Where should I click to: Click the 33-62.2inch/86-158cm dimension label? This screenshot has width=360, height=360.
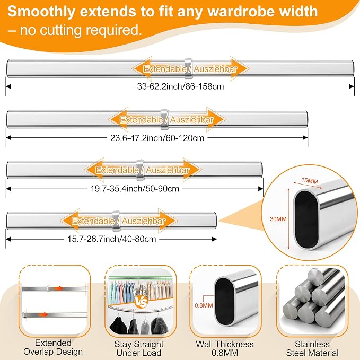180,86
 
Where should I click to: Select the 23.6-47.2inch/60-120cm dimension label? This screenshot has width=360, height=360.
157,138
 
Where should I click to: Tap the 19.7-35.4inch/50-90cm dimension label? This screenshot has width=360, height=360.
135,189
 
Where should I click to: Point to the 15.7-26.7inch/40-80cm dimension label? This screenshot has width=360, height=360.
111,239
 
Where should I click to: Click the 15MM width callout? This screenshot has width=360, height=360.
310,181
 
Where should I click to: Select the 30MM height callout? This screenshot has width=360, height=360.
278,219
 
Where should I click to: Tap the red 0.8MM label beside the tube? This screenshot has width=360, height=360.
204,305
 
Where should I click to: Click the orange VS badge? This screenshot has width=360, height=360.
141,302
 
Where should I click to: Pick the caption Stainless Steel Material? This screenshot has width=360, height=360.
312,348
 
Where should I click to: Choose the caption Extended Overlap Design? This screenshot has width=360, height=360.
53,347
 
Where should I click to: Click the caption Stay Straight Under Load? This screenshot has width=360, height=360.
139,348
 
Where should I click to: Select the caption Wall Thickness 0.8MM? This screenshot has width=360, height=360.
225,348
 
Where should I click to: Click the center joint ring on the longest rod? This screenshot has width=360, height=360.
188,68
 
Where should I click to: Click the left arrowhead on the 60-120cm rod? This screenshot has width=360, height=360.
118,119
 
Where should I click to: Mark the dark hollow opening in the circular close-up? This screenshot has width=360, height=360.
306,219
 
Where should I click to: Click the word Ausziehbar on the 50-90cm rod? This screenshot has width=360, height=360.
168,170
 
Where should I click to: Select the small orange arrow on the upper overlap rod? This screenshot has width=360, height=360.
59,288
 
